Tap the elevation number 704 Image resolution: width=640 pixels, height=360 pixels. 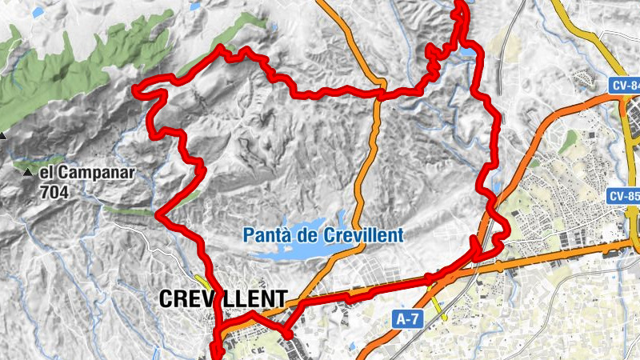tap(57, 191)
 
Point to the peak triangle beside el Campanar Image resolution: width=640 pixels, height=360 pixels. tap(28, 172)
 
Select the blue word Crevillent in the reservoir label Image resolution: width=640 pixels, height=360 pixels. tap(365, 236)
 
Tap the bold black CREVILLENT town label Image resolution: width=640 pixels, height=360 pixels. tap(222, 299)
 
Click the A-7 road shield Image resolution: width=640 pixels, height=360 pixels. tap(407, 319)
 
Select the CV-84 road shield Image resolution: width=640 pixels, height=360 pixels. tap(626, 86)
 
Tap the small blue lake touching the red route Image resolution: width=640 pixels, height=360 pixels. tap(464, 54)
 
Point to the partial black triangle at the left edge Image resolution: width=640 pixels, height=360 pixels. tap(2, 135)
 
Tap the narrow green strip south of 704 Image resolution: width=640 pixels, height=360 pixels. tap(128, 211)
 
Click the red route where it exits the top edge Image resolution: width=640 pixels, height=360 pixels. tap(461, 3)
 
